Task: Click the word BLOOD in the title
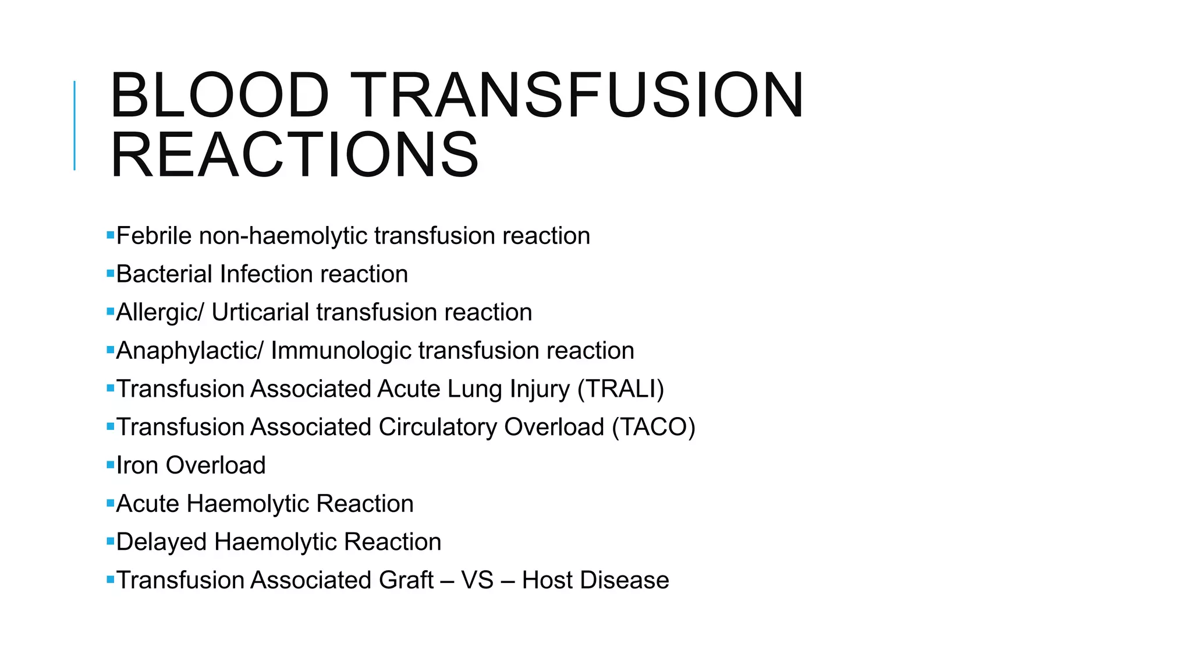pyautogui.click(x=219, y=96)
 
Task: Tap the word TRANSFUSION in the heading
pyautogui.click(x=577, y=96)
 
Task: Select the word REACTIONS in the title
pyautogui.click(x=295, y=155)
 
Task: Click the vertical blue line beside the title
pyautogui.click(x=74, y=126)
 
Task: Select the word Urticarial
pyautogui.click(x=260, y=313)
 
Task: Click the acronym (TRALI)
pyautogui.click(x=620, y=389)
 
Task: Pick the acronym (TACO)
pyautogui.click(x=653, y=428)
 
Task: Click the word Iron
pyautogui.click(x=137, y=465)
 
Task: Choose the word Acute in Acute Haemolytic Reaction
pyautogui.click(x=147, y=504)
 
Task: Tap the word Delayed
pyautogui.click(x=161, y=542)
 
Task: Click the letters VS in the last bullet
pyautogui.click(x=477, y=580)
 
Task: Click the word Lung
pyautogui.click(x=474, y=389)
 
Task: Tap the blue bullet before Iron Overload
pyautogui.click(x=110, y=465)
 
